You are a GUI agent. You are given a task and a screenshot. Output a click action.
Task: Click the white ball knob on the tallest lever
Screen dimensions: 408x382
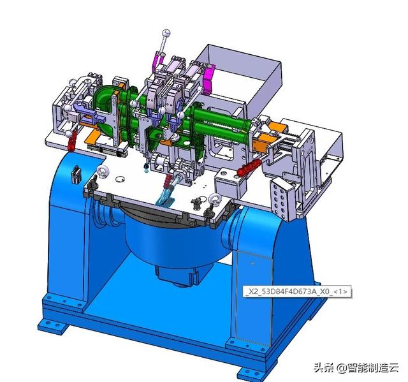click(x=166, y=33)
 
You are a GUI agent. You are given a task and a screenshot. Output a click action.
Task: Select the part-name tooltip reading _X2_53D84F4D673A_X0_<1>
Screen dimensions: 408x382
click(x=296, y=291)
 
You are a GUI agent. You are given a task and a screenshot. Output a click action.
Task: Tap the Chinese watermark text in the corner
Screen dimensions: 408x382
click(x=356, y=367)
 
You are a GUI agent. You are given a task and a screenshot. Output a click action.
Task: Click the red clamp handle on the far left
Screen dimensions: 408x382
click(x=71, y=141)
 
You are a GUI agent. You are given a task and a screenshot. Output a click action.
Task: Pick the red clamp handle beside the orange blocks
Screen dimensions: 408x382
click(x=249, y=167)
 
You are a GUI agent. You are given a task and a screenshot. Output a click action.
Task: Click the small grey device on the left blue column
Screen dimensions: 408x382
click(x=76, y=174)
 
